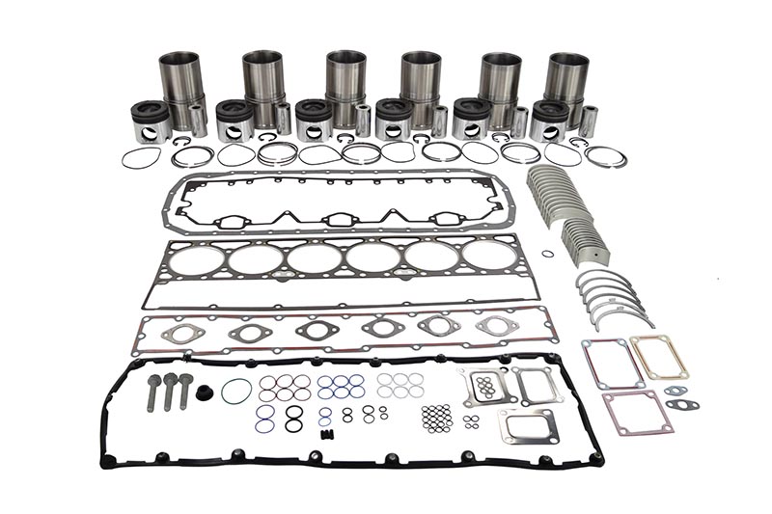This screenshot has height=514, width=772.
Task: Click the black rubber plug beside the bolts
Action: pos(204,393)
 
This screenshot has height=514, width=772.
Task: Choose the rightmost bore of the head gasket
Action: pos(488,257)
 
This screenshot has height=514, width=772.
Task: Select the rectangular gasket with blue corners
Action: pos(612,364)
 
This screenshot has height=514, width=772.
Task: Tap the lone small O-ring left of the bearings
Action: pos(548,254)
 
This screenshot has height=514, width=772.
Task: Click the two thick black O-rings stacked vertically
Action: pos(293,418)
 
